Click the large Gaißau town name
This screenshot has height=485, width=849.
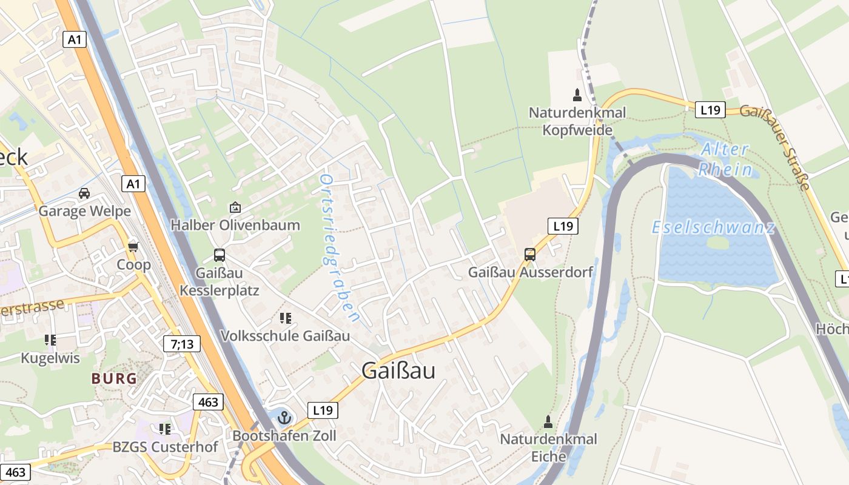pyautogui.click(x=398, y=370)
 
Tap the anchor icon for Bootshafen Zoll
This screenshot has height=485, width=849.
pyautogui.click(x=284, y=417)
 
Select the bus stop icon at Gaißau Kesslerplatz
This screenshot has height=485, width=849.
pyautogui.click(x=220, y=255)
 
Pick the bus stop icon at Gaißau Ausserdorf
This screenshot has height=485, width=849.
pyautogui.click(x=530, y=255)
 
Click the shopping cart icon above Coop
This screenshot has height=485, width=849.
pyautogui.click(x=133, y=247)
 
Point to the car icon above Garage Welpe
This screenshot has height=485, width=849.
pyautogui.click(x=84, y=193)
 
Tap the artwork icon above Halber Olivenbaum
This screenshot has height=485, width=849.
pyautogui.click(x=235, y=207)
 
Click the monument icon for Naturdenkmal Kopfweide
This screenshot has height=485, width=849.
pyautogui.click(x=577, y=95)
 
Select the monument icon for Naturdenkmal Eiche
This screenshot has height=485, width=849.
pyautogui.click(x=548, y=421)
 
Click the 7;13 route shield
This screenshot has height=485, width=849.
pyautogui.click(x=182, y=344)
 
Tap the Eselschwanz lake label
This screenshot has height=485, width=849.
pyautogui.click(x=713, y=228)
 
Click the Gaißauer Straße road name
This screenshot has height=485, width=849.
pyautogui.click(x=777, y=146)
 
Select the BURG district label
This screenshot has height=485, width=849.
pyautogui.click(x=114, y=379)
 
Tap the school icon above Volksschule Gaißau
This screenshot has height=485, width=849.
pyautogui.click(x=286, y=318)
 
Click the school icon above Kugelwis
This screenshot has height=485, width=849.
pyautogui.click(x=50, y=341)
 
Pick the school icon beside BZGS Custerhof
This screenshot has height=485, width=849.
pyautogui.click(x=164, y=429)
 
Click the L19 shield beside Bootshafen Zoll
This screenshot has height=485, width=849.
pyautogui.click(x=323, y=410)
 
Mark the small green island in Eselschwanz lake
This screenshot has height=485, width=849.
pyautogui.click(x=717, y=242)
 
